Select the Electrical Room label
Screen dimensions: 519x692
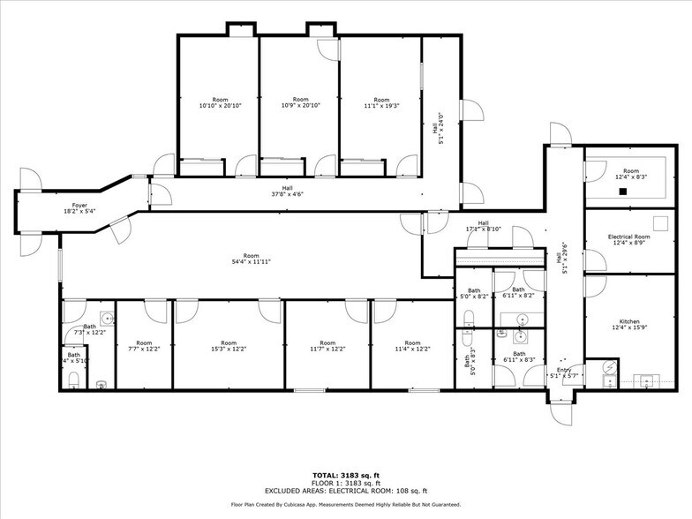coord(629,237)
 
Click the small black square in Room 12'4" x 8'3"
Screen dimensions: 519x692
coord(622,191)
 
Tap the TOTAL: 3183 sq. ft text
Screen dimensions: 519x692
coord(345,474)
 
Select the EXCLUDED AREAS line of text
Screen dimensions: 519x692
coord(345,490)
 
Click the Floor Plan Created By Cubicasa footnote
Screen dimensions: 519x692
coord(345,505)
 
